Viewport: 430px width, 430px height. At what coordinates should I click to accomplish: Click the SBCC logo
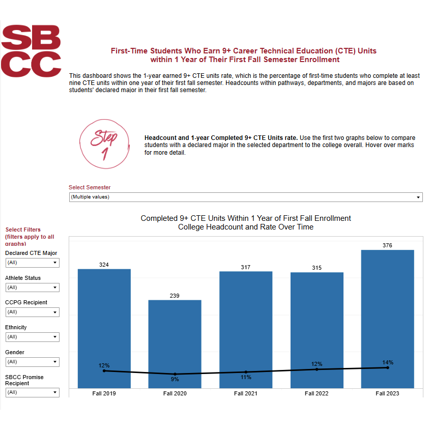click(x=31, y=51)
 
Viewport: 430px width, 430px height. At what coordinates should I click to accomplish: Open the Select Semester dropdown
click(x=246, y=197)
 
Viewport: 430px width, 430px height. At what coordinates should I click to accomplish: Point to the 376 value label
click(x=388, y=245)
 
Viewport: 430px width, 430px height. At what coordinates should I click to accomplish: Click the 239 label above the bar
click(x=175, y=296)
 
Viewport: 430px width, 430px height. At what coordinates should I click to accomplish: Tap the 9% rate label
click(x=175, y=379)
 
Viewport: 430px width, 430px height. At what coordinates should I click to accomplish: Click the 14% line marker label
click(x=388, y=362)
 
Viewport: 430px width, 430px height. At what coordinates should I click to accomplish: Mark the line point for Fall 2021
click(x=246, y=372)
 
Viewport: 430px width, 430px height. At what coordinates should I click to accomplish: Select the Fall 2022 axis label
click(x=317, y=394)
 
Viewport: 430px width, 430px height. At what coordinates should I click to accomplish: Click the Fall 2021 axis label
click(x=246, y=394)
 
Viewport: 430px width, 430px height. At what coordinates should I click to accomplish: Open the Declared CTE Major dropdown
click(x=32, y=263)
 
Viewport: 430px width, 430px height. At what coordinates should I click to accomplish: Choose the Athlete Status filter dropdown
click(x=32, y=288)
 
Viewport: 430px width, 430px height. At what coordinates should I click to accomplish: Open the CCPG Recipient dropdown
click(x=32, y=312)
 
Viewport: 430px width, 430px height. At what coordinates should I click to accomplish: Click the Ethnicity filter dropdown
click(x=32, y=337)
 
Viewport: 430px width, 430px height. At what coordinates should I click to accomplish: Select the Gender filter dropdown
click(x=32, y=362)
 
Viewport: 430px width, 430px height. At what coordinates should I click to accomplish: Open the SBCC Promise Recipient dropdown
click(x=32, y=392)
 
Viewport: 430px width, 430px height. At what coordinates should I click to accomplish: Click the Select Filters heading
click(x=23, y=230)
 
